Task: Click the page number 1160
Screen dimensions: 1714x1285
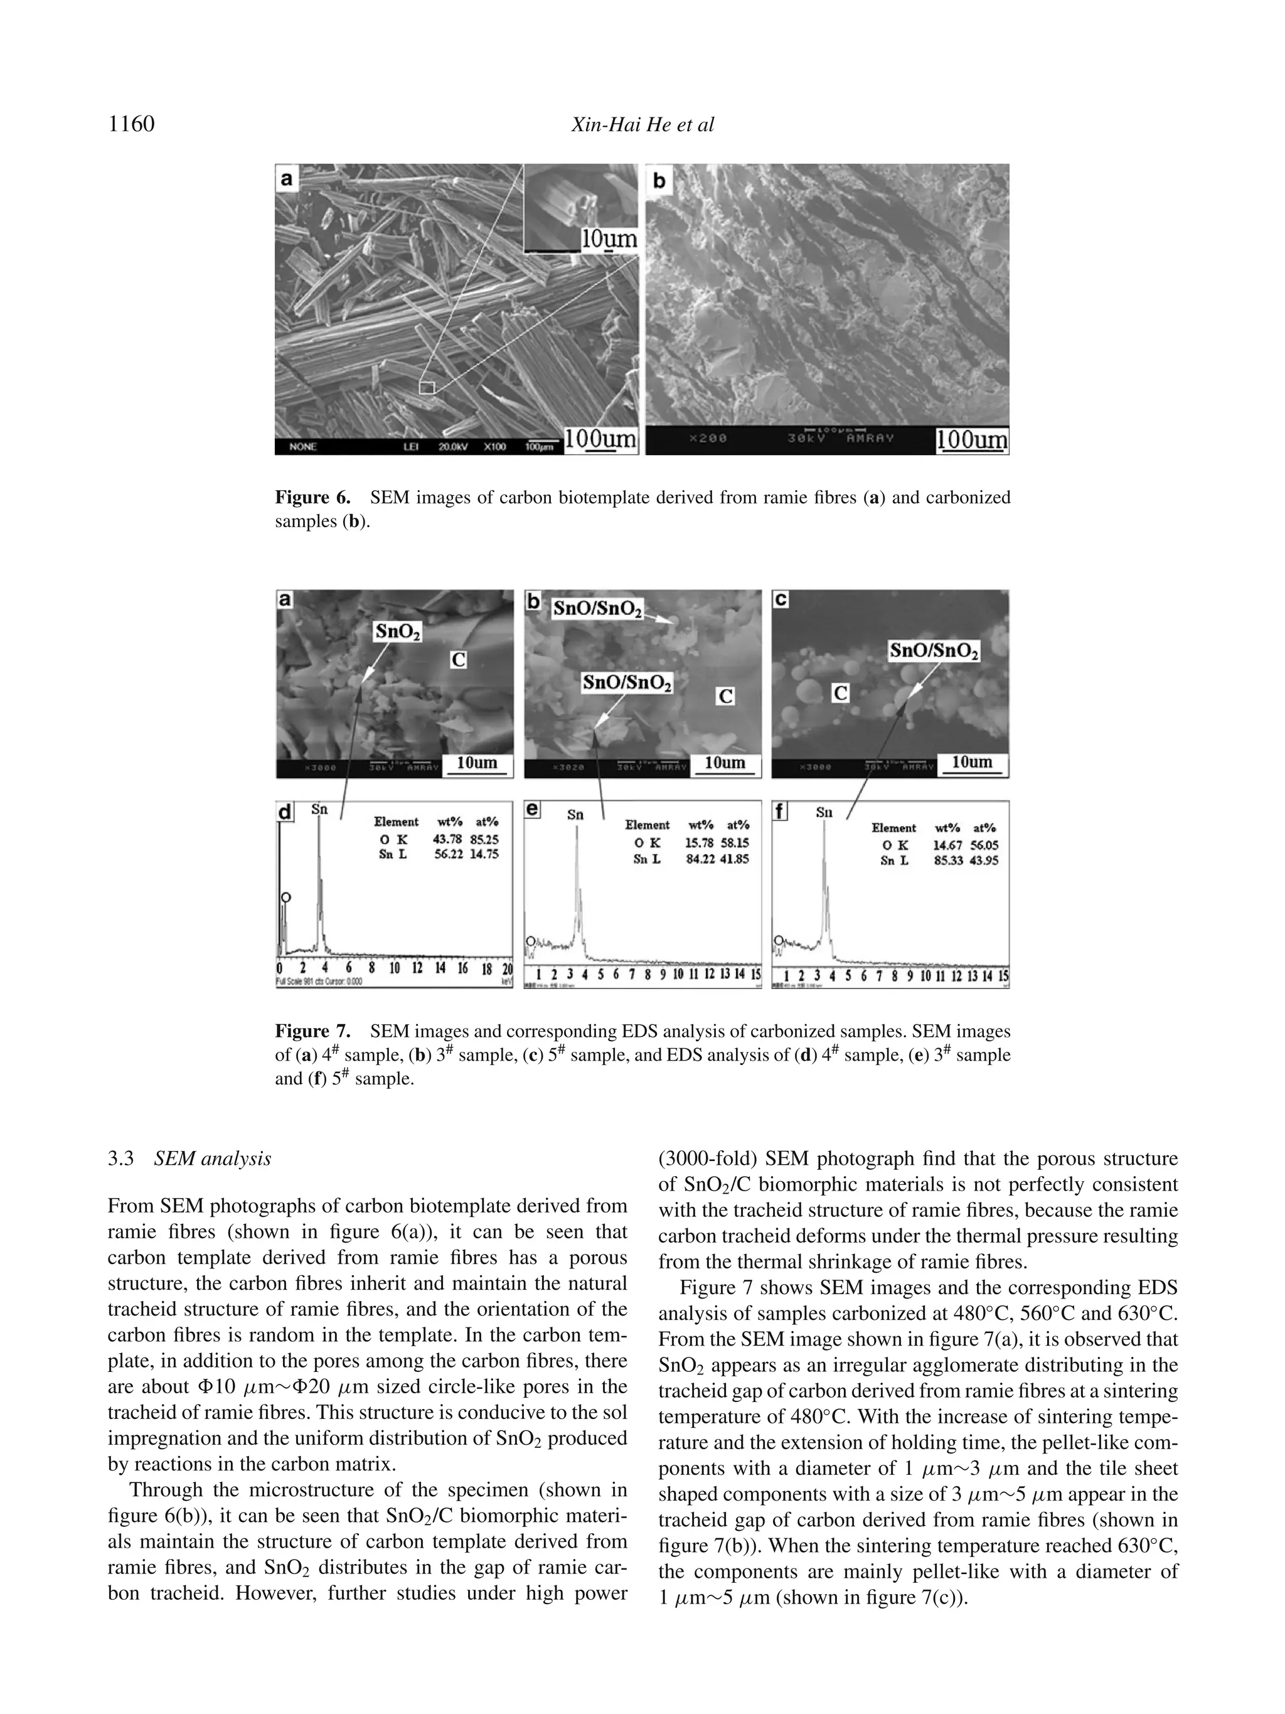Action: coord(132,124)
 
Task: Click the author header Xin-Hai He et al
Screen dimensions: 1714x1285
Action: coord(642,125)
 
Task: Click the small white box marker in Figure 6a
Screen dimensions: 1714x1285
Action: coord(427,387)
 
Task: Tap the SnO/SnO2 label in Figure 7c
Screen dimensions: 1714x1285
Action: coord(934,650)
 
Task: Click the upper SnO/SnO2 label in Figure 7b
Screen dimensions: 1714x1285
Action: coord(597,609)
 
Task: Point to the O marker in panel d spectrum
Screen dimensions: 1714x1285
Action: coord(286,897)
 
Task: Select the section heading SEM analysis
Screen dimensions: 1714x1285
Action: coord(212,1159)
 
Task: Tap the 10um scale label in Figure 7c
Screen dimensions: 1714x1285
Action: coord(971,762)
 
